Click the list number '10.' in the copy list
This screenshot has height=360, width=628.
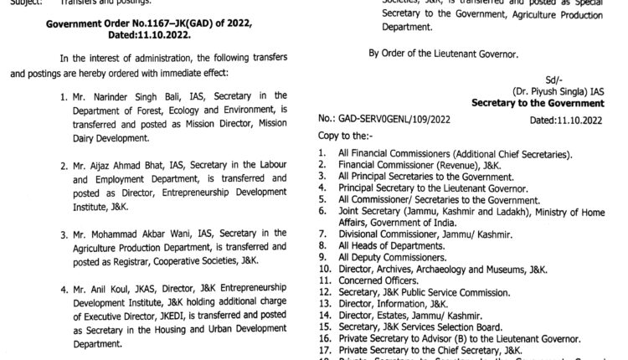point(324,268)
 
